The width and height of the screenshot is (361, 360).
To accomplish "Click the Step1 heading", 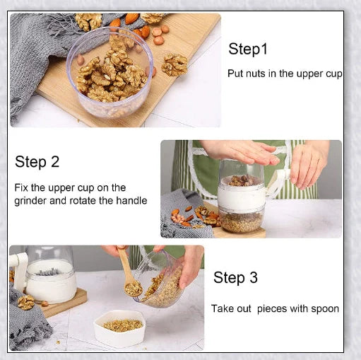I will (x=249, y=50).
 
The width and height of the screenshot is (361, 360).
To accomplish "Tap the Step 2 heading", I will (x=37, y=162).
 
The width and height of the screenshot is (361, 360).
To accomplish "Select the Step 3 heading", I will (x=240, y=277).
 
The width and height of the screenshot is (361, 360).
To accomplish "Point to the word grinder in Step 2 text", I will (x=31, y=200).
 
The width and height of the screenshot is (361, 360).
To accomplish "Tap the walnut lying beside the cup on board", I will (x=174, y=65).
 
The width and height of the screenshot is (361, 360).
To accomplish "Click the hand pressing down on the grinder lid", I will (x=239, y=151).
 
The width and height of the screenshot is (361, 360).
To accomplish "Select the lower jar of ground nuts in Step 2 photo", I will (x=241, y=219).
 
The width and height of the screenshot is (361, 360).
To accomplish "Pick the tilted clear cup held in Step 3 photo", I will (x=161, y=283).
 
